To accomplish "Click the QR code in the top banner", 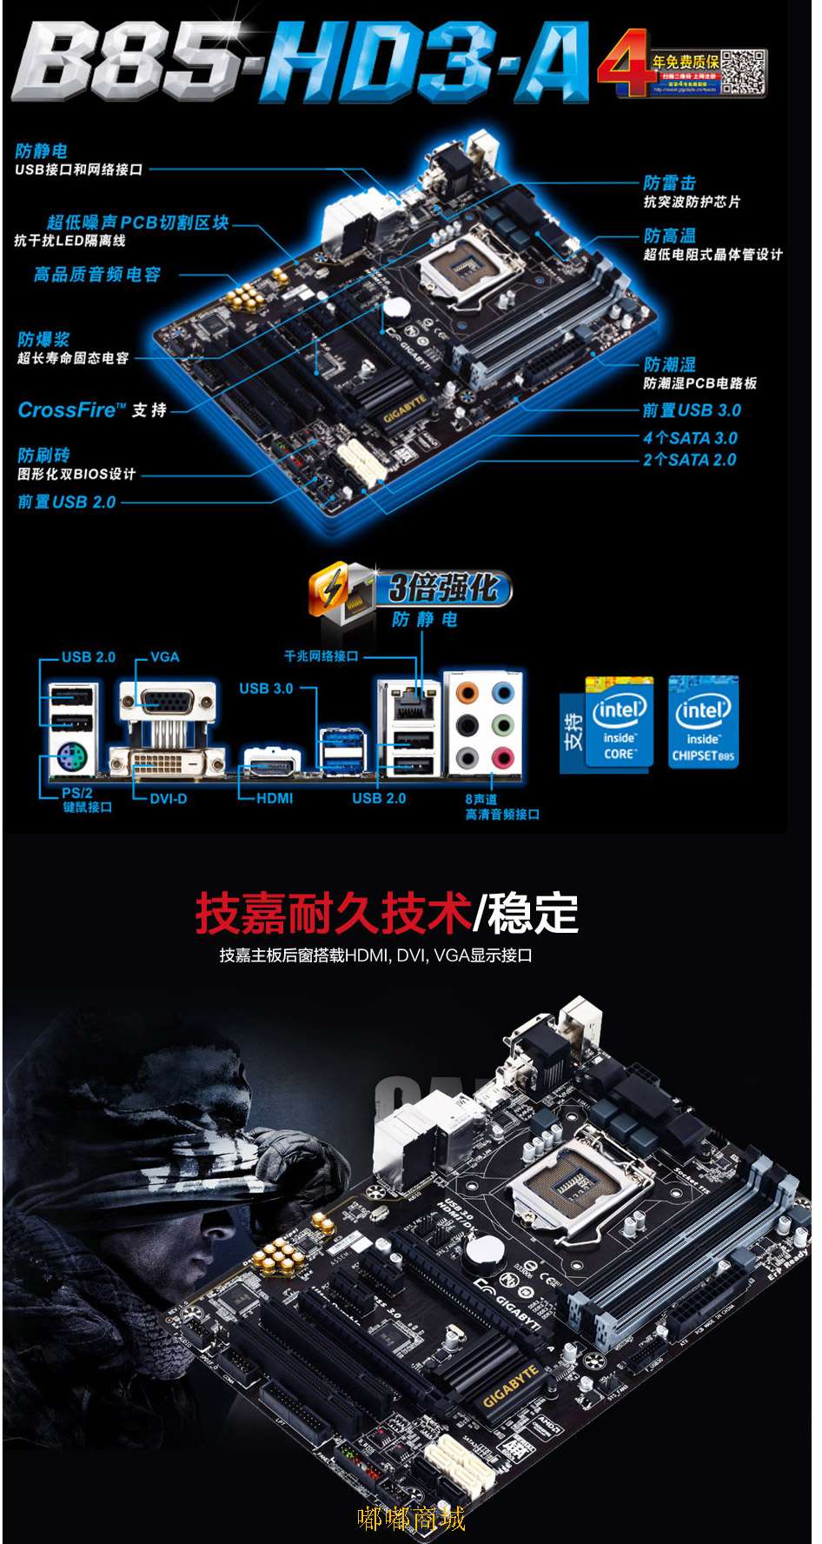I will (x=744, y=72).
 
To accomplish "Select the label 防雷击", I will (x=670, y=183).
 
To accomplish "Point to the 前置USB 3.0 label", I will (x=692, y=410).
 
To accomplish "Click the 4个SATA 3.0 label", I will (x=690, y=438).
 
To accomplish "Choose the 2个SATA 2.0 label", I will (x=689, y=460).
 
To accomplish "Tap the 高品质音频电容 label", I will (x=97, y=275).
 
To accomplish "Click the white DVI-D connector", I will (x=168, y=762).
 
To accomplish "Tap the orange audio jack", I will (x=467, y=694).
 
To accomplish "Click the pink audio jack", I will (x=503, y=758).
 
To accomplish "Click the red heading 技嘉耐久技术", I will (x=334, y=913).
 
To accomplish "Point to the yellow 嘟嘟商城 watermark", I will (x=411, y=1518).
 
